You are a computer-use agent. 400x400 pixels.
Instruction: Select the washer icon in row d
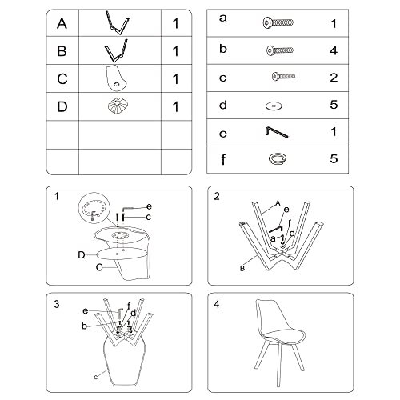coord(274,106)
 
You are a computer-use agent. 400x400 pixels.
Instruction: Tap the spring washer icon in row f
coord(278,158)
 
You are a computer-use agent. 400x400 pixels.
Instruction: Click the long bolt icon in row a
coord(278,22)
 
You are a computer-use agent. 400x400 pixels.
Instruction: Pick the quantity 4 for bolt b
coord(334,50)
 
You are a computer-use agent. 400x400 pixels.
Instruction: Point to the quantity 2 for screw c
coord(334,78)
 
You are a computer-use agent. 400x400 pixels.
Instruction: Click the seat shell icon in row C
coord(116,78)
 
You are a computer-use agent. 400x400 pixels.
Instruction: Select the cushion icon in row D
coord(118,106)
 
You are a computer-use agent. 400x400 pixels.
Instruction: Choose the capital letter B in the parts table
coord(62,50)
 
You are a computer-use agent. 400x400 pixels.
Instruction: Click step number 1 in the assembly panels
coord(56,197)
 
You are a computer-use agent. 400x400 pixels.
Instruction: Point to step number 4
coord(217,304)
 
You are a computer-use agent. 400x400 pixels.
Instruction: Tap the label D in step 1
coord(82,255)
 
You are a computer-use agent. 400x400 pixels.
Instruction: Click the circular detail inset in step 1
coord(94,208)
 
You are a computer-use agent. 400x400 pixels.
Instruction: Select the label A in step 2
coord(278,203)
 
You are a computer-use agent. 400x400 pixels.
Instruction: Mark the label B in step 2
coord(242,268)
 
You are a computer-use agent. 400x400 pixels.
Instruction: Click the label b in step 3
coord(84,326)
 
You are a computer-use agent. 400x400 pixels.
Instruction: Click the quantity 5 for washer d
coord(334,105)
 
